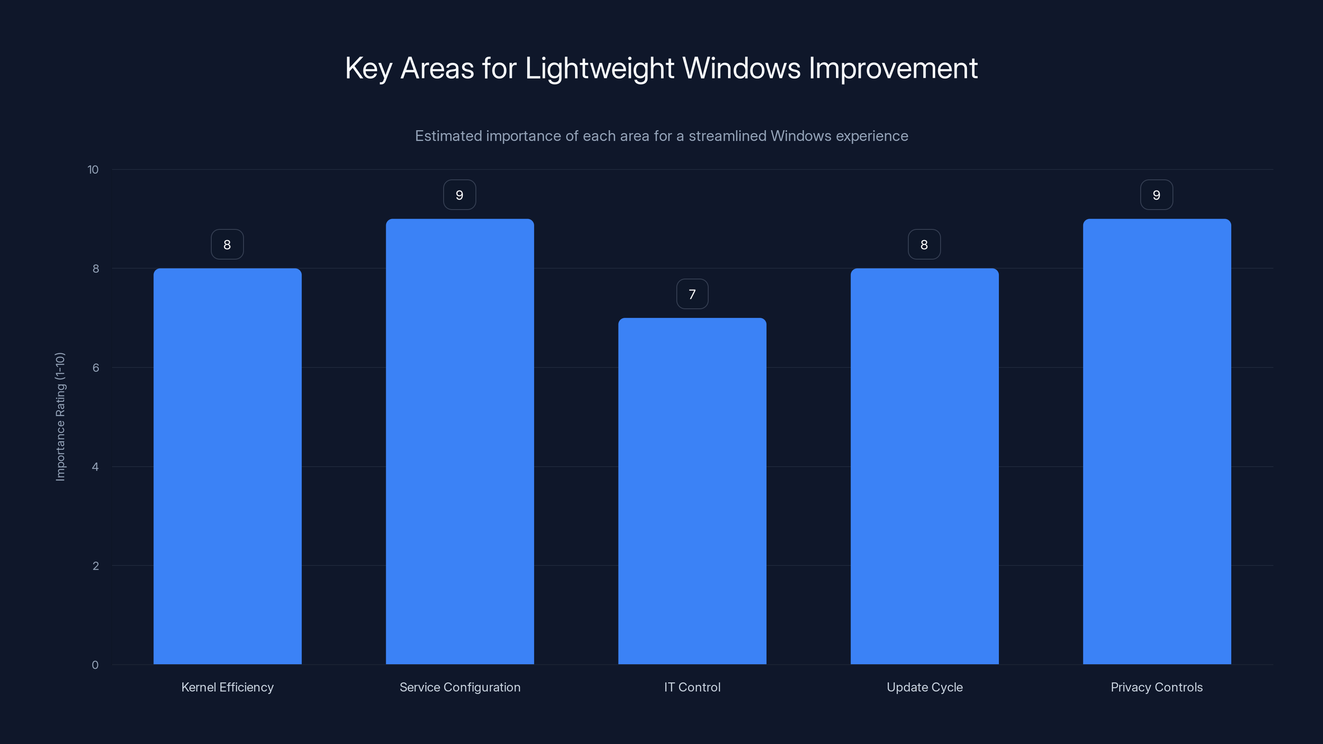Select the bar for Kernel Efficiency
(x=227, y=466)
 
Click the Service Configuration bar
(x=460, y=441)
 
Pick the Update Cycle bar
(x=924, y=466)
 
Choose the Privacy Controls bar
(x=1157, y=441)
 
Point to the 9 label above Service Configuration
(x=460, y=195)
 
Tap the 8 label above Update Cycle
(x=924, y=245)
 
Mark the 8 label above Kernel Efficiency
(x=227, y=245)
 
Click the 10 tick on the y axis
(x=93, y=170)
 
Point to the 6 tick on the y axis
(x=96, y=367)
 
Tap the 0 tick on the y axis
(x=95, y=665)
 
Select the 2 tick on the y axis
(x=96, y=566)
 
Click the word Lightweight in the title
(x=599, y=68)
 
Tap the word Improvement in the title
(x=893, y=68)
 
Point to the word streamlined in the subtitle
(x=727, y=136)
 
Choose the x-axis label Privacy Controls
(x=1157, y=687)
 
